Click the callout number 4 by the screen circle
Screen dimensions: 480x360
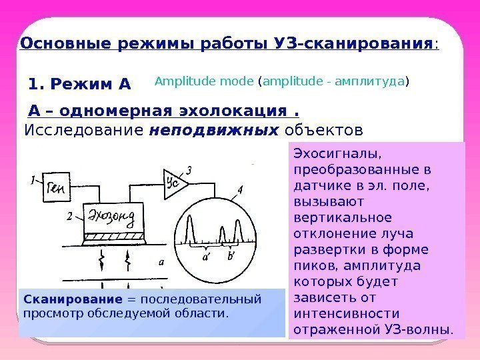(239, 190)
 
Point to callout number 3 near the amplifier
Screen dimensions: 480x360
(189, 171)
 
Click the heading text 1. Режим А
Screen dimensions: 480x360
(81, 85)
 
